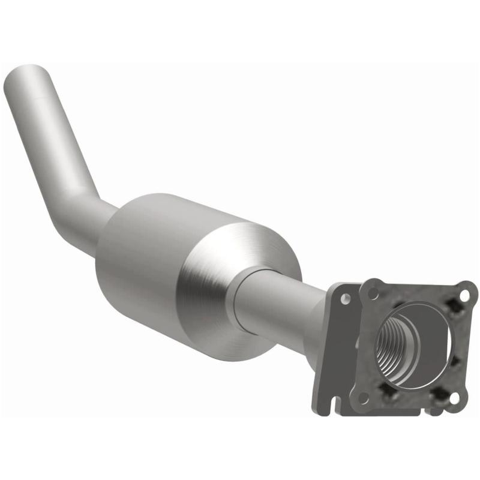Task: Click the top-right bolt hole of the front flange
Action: click(x=464, y=295)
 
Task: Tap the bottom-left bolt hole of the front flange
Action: click(x=362, y=397)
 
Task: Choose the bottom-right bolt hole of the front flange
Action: click(x=454, y=397)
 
